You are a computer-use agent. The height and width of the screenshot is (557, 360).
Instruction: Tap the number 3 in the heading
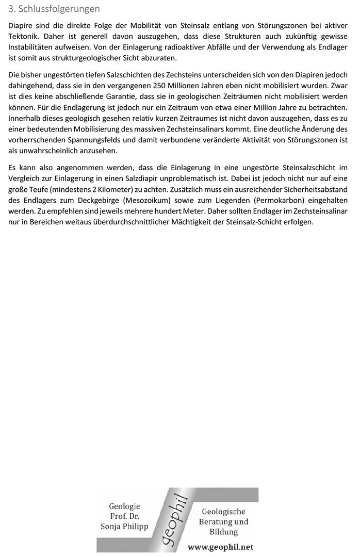click(12, 9)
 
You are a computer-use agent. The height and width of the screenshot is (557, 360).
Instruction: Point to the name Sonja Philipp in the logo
click(124, 526)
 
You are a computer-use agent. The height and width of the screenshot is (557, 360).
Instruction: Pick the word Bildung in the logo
click(223, 531)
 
